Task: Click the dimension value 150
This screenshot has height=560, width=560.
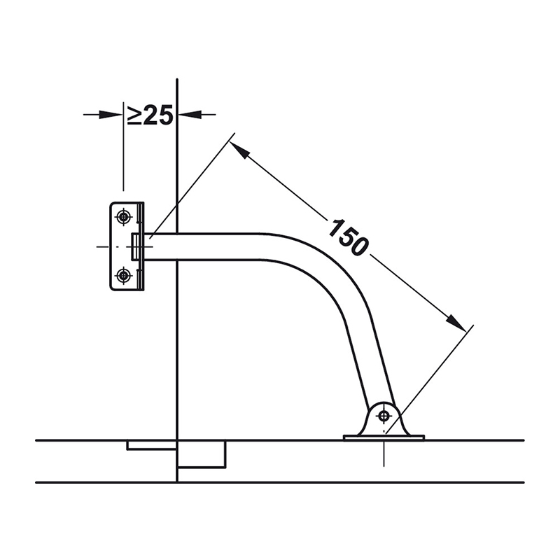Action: pos(348,237)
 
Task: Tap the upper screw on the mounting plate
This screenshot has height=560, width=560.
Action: pos(124,216)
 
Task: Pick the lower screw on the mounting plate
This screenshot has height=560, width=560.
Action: pos(124,275)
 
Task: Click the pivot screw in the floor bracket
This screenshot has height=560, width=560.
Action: pos(384,416)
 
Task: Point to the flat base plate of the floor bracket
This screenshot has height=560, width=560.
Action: pos(384,437)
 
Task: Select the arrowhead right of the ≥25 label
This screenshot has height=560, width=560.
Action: pos(190,115)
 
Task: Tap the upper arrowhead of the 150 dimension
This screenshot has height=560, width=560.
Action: pos(239,149)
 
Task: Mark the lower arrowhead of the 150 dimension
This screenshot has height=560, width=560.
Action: pos(456,323)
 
